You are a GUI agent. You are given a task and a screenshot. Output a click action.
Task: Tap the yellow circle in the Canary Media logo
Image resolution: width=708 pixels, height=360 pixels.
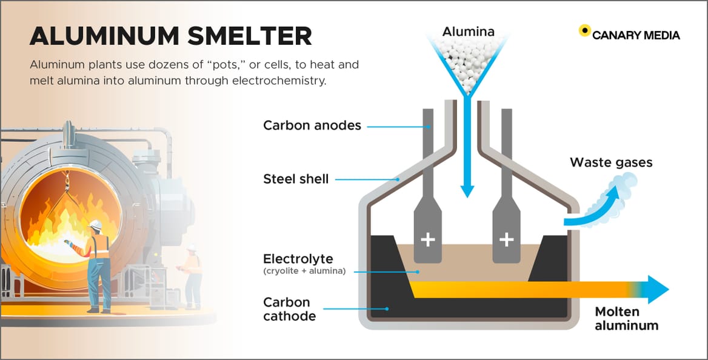tap(584, 30)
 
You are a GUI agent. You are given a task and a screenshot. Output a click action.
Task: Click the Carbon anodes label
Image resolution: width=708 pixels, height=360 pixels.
tap(312, 126)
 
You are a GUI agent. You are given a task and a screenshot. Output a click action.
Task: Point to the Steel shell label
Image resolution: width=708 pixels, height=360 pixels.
tap(296, 179)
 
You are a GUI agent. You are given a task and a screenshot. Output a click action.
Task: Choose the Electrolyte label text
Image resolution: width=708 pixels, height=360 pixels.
tap(298, 259)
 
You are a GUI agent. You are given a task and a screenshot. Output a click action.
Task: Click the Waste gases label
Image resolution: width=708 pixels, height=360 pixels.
tap(611, 162)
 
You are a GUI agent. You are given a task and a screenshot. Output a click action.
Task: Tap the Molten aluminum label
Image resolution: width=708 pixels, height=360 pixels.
tap(626, 319)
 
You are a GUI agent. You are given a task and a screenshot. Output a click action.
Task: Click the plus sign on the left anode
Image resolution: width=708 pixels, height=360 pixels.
tap(428, 240)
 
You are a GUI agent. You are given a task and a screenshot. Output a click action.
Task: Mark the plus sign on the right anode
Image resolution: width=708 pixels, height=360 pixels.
tap(506, 240)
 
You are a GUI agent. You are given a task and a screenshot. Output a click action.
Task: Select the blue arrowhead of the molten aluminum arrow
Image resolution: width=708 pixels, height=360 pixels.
tap(657, 289)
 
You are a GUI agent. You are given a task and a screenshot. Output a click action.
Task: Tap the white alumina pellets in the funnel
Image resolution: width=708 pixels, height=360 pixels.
tap(466, 61)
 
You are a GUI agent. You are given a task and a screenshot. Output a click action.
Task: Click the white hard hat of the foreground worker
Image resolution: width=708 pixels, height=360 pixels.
tap(95, 225)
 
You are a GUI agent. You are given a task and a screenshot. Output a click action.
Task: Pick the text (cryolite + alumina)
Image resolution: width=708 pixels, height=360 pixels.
tap(304, 271)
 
